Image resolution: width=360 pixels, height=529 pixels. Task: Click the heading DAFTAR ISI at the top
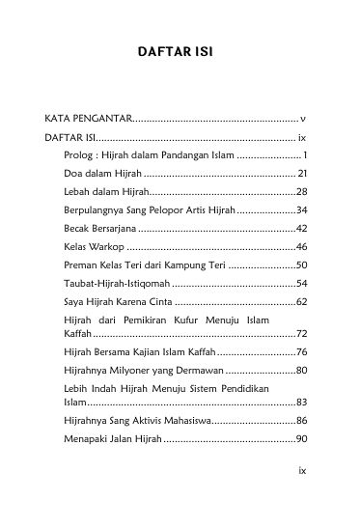[179, 70]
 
